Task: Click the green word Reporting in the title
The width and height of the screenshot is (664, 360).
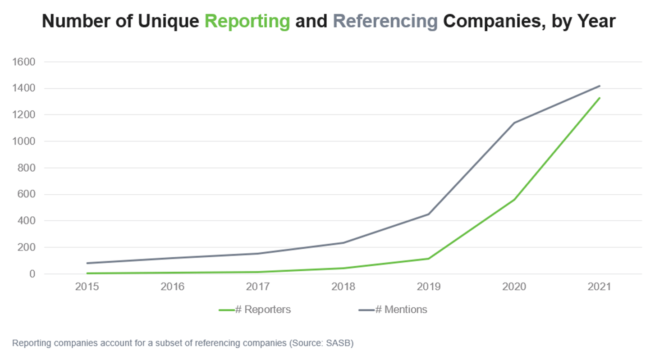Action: pyautogui.click(x=247, y=22)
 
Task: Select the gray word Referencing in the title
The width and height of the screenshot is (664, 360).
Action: pyautogui.click(x=385, y=22)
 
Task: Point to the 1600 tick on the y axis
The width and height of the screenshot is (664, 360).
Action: pyautogui.click(x=26, y=62)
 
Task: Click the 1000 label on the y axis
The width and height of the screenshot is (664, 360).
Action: pyautogui.click(x=26, y=141)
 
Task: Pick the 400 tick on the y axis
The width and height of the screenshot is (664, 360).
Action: pyautogui.click(x=28, y=221)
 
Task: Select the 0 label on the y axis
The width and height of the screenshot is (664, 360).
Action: pyautogui.click(x=32, y=274)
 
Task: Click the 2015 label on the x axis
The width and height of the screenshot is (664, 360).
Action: pyautogui.click(x=87, y=287)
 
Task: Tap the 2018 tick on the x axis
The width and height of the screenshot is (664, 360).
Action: pyautogui.click(x=343, y=287)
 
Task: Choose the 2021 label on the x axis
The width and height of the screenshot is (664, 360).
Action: pyautogui.click(x=600, y=287)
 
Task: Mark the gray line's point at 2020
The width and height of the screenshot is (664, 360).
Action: pyautogui.click(x=514, y=123)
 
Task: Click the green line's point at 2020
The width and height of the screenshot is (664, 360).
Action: pyautogui.click(x=514, y=200)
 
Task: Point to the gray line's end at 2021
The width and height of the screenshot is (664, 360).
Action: pyautogui.click(x=600, y=86)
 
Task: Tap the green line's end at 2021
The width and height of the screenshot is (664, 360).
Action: pyautogui.click(x=600, y=98)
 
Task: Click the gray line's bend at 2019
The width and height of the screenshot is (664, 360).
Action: pyautogui.click(x=429, y=214)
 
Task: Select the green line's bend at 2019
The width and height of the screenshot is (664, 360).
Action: pyautogui.click(x=429, y=259)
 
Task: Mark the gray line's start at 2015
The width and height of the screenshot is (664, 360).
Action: pyautogui.click(x=87, y=263)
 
